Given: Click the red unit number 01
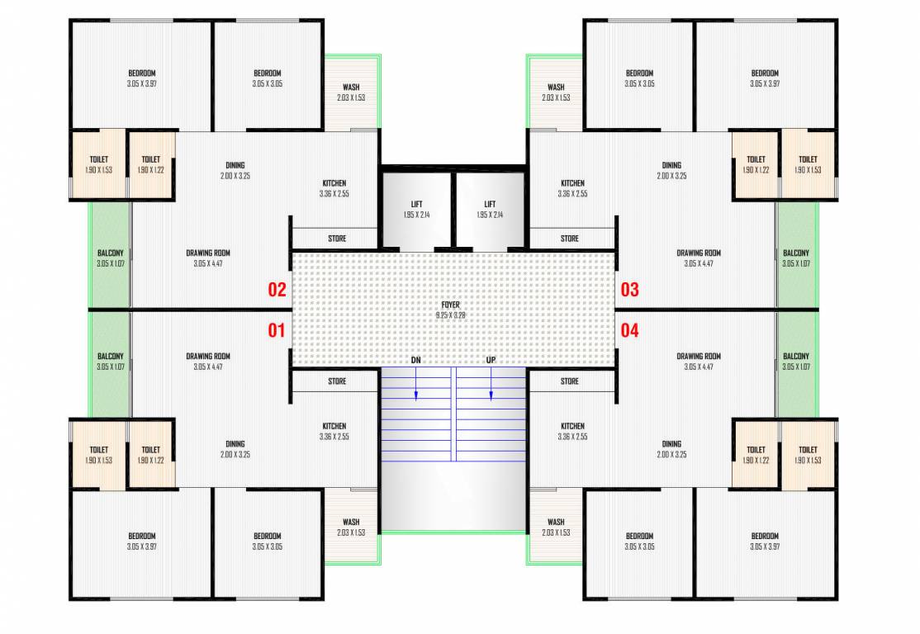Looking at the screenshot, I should pos(277,331).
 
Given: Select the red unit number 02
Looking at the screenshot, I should pos(277,290).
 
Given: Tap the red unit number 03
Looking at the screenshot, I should pos(630,290).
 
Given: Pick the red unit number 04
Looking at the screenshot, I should pos(630,331).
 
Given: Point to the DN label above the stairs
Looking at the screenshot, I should pos(416,361).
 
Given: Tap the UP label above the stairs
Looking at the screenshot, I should pos(491,361).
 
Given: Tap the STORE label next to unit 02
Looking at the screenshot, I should pos(337,239).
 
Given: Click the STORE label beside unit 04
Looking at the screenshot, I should pos(570,381).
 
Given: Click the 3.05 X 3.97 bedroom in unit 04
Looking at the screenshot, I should pos(765,541).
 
